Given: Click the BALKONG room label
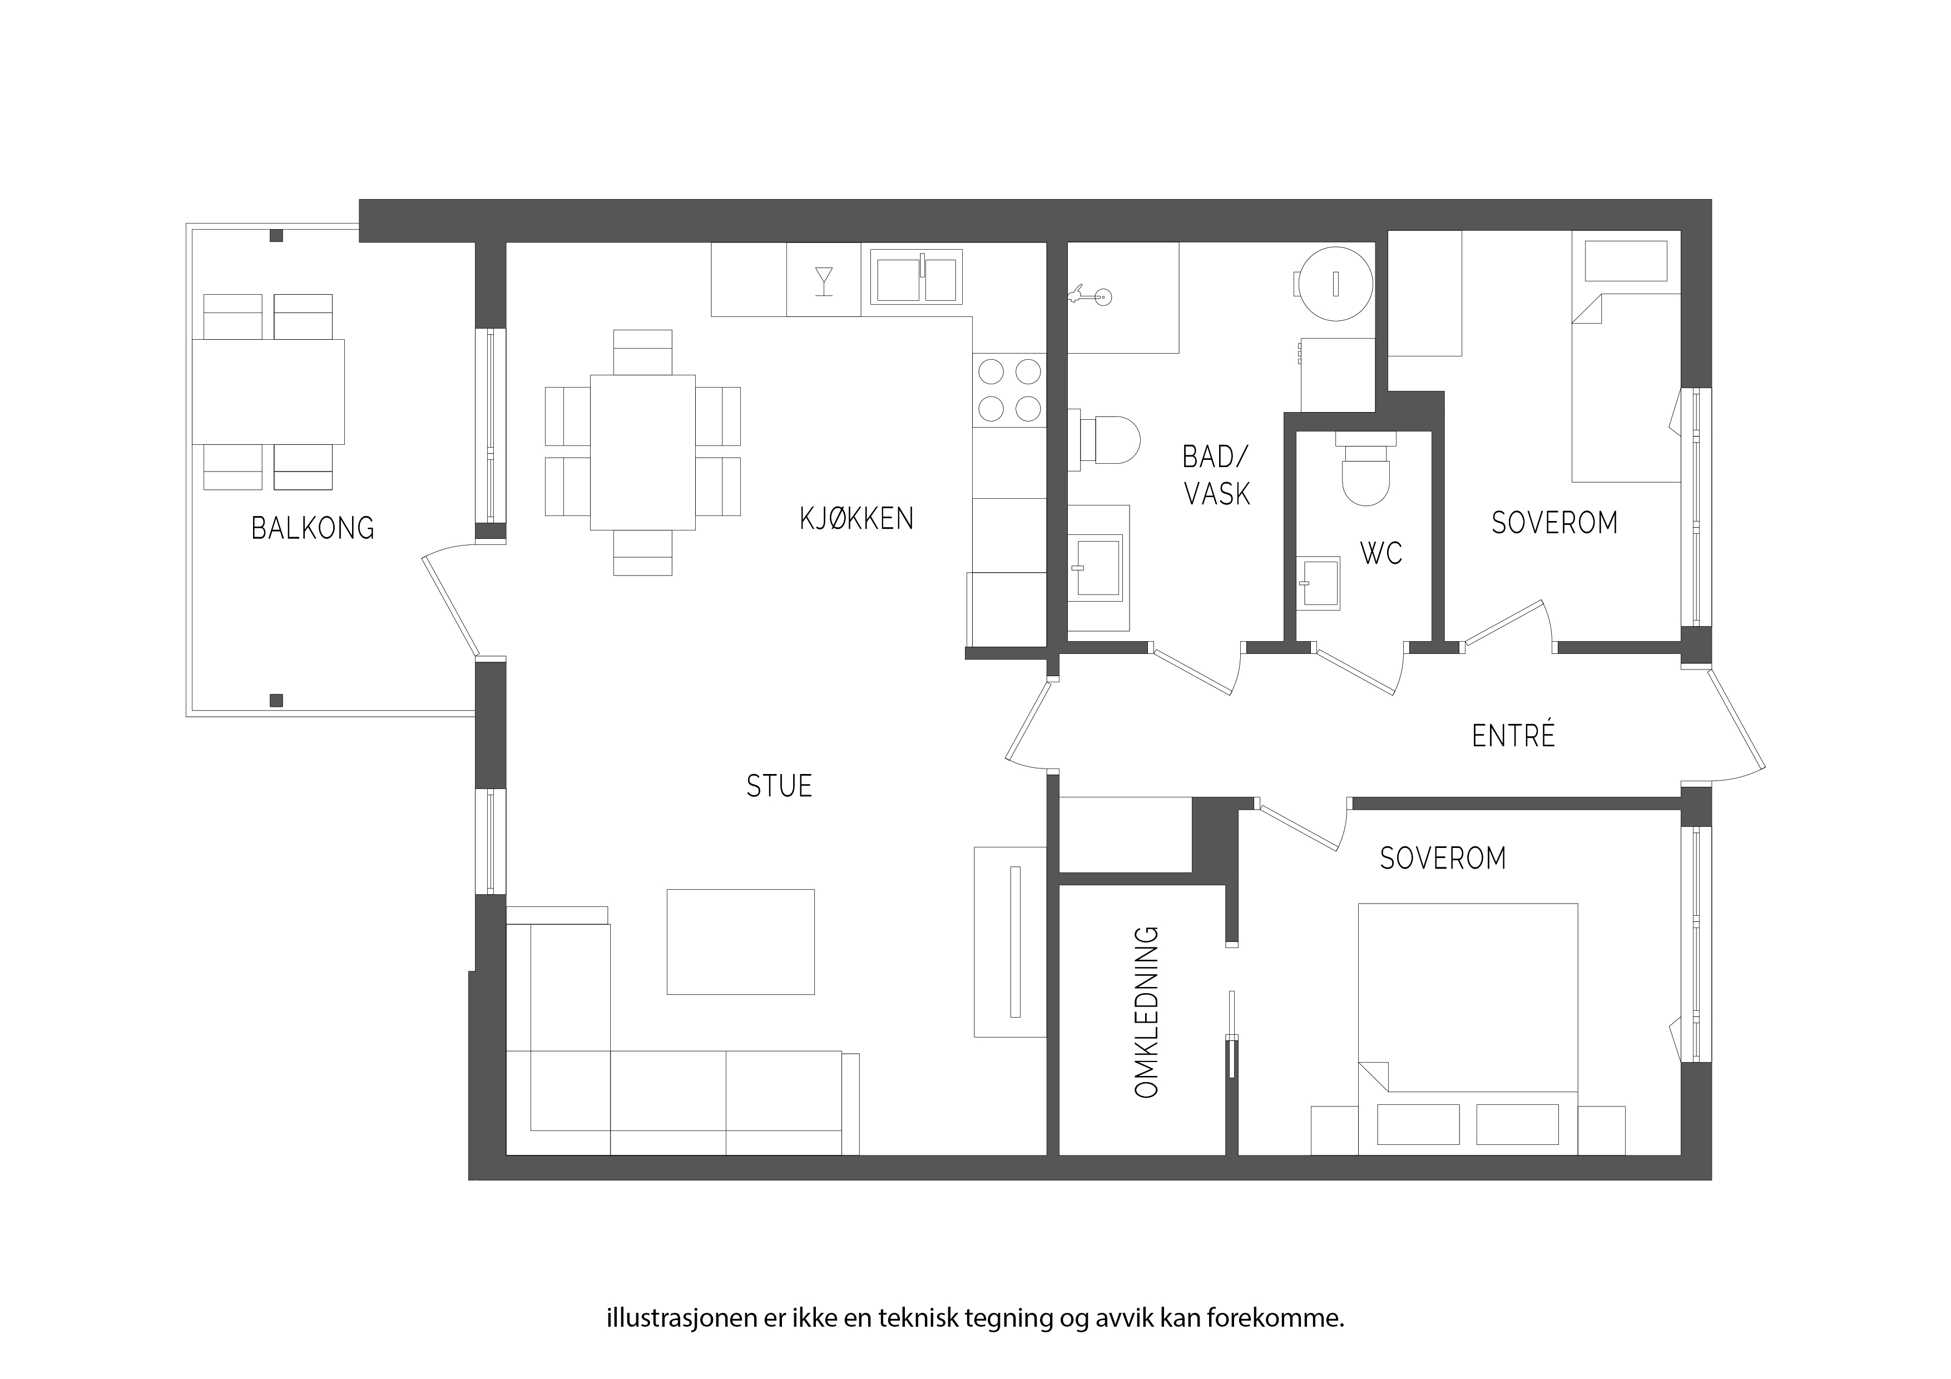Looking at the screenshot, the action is [x=313, y=528].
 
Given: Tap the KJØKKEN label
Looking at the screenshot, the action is [x=856, y=518].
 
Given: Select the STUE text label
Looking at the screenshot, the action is [x=779, y=786].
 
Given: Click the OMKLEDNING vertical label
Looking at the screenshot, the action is [x=1147, y=1012].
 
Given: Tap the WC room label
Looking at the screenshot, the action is [x=1381, y=553].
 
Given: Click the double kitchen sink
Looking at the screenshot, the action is [x=916, y=276].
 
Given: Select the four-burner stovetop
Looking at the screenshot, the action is [x=1009, y=390].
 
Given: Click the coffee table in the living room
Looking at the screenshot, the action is [x=740, y=941].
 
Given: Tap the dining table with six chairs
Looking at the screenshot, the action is [x=642, y=452].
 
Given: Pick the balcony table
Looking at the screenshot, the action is [x=269, y=391].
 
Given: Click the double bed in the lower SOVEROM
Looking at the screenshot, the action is [x=1468, y=1029].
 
